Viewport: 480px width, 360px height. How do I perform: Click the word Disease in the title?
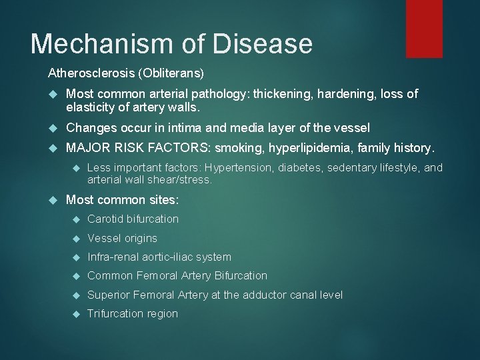[263, 43]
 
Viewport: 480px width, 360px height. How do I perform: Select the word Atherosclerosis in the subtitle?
[85, 71]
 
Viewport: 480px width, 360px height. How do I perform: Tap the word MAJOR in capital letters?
[86, 147]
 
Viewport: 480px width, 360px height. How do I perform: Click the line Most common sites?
[123, 200]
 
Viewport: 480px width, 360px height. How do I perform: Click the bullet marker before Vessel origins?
[77, 238]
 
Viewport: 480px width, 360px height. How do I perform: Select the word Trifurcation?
[115, 313]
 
